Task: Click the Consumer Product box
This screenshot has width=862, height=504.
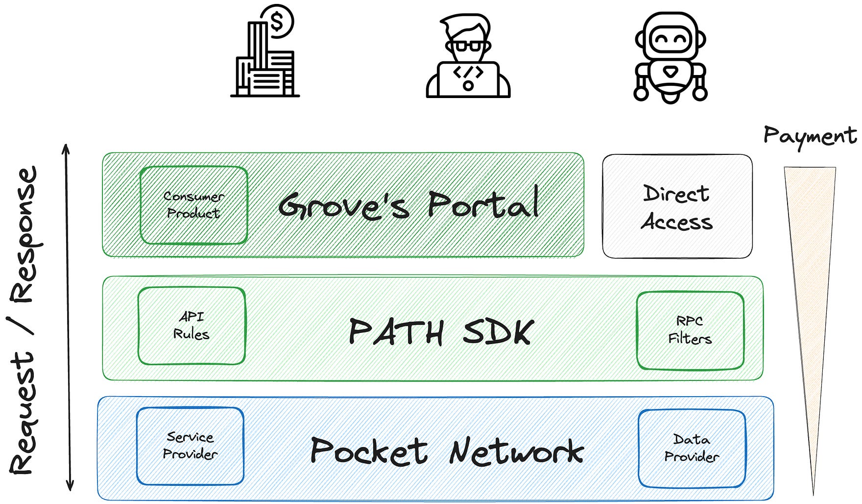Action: coord(193,205)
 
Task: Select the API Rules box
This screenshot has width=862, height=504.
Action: coord(192,326)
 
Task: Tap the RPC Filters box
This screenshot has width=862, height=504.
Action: coord(690,330)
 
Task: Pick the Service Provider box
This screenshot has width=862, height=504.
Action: coord(190,445)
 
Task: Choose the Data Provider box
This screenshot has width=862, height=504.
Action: coord(692,448)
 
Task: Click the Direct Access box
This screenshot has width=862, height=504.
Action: coord(677,206)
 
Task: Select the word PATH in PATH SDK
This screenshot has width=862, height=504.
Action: coord(396,332)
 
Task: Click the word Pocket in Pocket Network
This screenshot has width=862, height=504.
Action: coord(369,451)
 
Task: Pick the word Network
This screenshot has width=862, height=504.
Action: coord(516,451)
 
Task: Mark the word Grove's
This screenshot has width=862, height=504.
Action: coord(343,205)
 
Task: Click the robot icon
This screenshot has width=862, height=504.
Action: coord(670,58)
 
